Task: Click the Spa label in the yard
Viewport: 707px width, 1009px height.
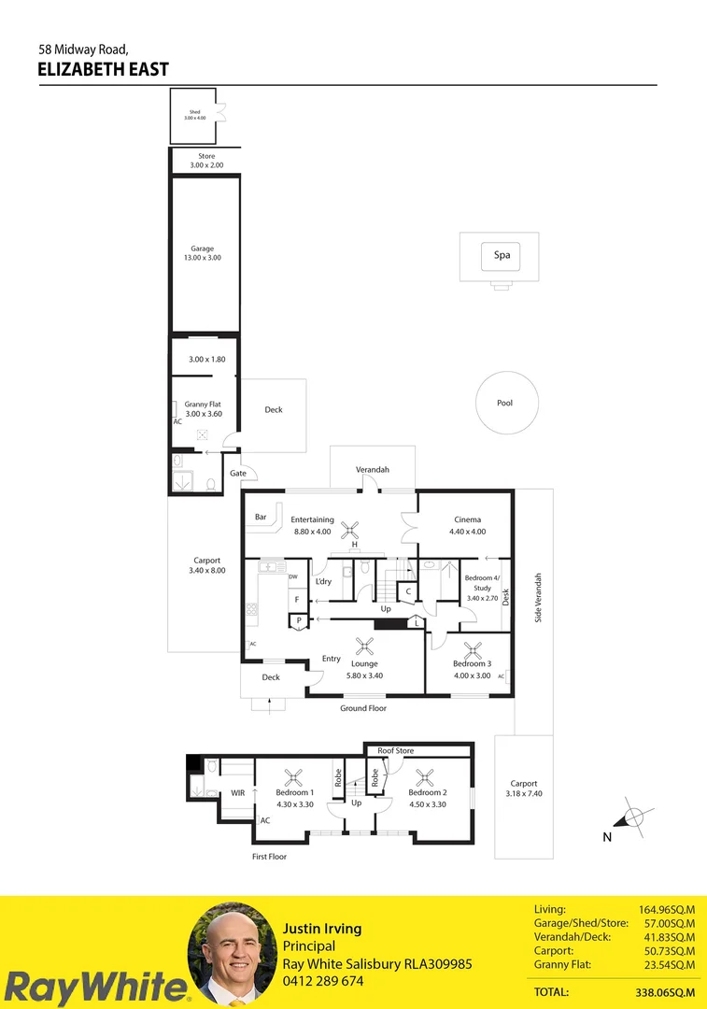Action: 502,255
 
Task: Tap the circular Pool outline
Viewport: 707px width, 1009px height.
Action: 504,404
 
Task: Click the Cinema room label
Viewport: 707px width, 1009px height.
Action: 468,519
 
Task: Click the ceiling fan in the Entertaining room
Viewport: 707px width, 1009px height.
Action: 354,528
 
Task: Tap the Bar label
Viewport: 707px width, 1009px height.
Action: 262,517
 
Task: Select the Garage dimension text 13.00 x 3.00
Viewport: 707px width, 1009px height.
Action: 203,257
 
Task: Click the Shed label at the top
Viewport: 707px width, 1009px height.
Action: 194,112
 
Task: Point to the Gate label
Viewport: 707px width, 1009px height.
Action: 238,474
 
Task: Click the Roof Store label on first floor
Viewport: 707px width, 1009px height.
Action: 396,750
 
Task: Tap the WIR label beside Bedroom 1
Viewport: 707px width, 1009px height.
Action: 238,793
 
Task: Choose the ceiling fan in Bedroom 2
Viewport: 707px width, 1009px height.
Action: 427,775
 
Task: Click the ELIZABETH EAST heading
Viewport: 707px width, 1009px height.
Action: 104,69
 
